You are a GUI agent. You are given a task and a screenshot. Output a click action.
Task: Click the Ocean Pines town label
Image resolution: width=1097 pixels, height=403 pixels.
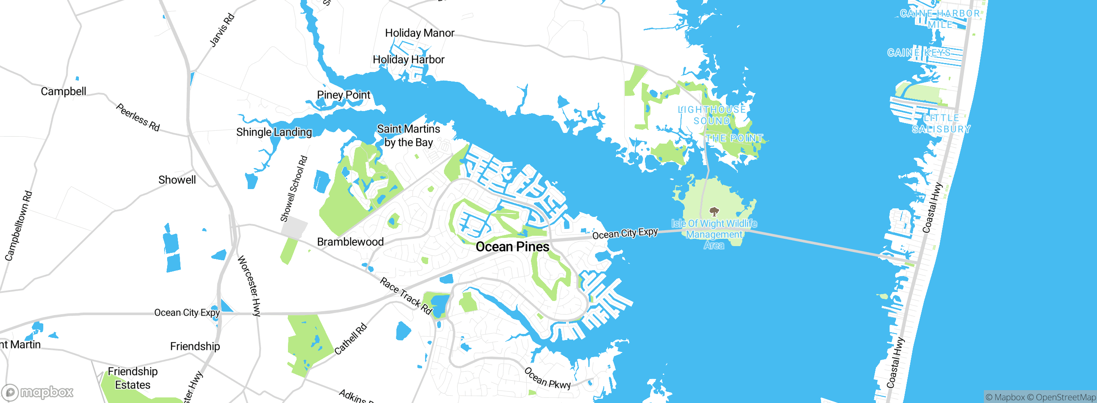(513, 247)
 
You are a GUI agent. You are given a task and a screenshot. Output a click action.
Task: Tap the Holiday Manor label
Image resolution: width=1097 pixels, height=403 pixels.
(420, 33)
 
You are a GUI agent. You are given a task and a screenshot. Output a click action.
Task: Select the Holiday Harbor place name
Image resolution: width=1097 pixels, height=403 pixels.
(408, 60)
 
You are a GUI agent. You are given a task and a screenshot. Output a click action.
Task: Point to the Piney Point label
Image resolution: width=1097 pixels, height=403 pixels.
(343, 95)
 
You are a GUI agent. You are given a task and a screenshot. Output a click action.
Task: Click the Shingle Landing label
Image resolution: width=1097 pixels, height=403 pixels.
(274, 132)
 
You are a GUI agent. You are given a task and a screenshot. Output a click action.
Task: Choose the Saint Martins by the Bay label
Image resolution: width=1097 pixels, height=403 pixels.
(408, 135)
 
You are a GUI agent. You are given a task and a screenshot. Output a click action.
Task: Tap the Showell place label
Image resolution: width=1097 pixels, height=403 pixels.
(177, 180)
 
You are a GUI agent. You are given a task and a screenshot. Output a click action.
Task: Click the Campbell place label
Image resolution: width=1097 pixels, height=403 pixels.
(63, 91)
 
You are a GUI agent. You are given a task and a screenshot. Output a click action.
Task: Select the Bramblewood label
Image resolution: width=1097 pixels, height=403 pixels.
(350, 242)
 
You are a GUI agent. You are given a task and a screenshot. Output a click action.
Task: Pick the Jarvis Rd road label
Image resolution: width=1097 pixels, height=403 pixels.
(222, 30)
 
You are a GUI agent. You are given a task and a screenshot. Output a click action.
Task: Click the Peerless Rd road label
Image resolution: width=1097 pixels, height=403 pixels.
(138, 117)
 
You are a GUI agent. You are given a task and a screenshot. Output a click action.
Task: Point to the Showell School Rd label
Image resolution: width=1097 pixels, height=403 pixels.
(294, 189)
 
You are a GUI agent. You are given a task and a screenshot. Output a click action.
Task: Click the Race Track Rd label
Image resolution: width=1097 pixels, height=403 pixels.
(406, 296)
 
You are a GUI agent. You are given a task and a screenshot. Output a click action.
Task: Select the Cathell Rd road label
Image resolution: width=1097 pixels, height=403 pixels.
(351, 339)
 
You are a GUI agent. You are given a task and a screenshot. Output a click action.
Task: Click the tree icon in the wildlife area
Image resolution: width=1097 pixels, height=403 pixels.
(714, 211)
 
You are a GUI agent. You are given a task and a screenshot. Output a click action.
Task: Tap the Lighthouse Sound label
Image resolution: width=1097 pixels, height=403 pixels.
(712, 115)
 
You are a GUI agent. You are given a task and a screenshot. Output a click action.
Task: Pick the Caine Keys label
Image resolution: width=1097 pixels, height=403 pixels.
(919, 53)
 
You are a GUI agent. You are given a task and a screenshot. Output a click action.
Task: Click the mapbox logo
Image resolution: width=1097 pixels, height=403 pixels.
(38, 392)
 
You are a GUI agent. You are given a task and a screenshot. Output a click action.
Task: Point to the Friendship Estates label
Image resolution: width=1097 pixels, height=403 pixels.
(133, 378)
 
